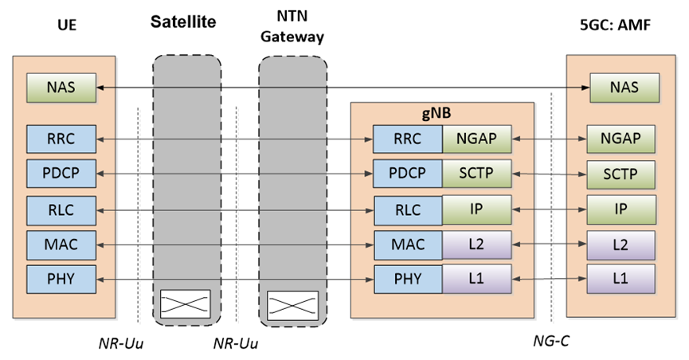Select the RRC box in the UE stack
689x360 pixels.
tap(61, 139)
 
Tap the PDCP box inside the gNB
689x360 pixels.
tap(407, 174)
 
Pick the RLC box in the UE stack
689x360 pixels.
tap(61, 209)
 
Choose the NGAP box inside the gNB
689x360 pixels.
tap(476, 139)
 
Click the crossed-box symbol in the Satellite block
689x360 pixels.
tap(186, 303)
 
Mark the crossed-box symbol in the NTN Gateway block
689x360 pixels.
tap(292, 303)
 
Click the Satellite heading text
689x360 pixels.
tap(185, 20)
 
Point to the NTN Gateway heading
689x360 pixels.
tap(292, 27)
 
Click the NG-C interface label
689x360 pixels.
tap(550, 342)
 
